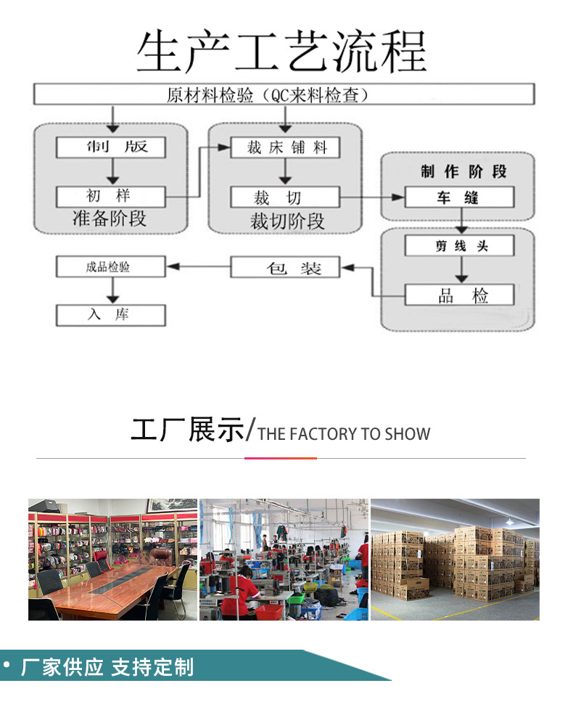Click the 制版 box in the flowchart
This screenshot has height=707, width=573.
pyautogui.click(x=111, y=147)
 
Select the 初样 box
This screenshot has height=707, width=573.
pyautogui.click(x=111, y=197)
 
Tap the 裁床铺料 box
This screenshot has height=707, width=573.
pyautogui.click(x=285, y=147)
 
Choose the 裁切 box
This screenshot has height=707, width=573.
pyautogui.click(x=285, y=197)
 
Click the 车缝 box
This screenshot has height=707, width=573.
pyautogui.click(x=458, y=197)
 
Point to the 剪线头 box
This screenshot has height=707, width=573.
pyautogui.click(x=458, y=245)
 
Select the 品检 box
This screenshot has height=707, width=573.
pyautogui.click(x=458, y=295)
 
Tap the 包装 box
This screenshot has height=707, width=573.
pyautogui.click(x=285, y=267)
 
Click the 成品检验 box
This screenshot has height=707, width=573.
pyautogui.click(x=111, y=267)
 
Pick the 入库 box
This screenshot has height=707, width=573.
pyautogui.click(x=111, y=315)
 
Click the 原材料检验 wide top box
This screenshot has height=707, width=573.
pyautogui.click(x=284, y=94)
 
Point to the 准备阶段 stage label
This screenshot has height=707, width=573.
pyautogui.click(x=110, y=218)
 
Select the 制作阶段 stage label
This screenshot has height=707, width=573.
pyautogui.click(x=463, y=172)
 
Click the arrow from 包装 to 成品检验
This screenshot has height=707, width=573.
pyautogui.click(x=198, y=267)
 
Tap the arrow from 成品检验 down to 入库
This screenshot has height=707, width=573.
pyautogui.click(x=112, y=290)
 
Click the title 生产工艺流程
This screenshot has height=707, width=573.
pyautogui.click(x=281, y=52)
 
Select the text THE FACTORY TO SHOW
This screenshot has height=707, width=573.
pyautogui.click(x=344, y=434)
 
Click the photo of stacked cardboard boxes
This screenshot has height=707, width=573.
pyautogui.click(x=455, y=559)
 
